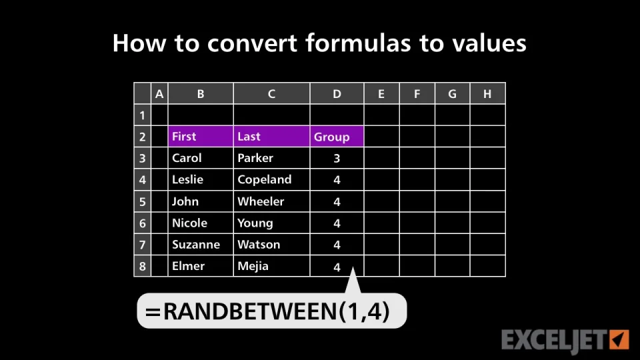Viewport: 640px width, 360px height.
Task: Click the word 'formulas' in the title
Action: pyautogui.click(x=358, y=43)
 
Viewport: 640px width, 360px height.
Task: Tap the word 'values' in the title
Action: pyautogui.click(x=489, y=43)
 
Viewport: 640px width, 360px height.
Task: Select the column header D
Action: pyautogui.click(x=337, y=94)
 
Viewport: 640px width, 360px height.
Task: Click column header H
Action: pyautogui.click(x=487, y=94)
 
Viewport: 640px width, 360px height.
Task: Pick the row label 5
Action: pyautogui.click(x=143, y=201)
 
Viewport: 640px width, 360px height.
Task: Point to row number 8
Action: pyautogui.click(x=143, y=267)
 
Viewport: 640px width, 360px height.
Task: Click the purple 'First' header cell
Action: pyautogui.click(x=201, y=136)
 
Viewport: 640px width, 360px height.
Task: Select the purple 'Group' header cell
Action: pyautogui.click(x=337, y=136)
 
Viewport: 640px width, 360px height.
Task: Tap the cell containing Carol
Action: pyautogui.click(x=201, y=158)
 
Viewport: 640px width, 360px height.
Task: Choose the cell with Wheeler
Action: pyautogui.click(x=271, y=201)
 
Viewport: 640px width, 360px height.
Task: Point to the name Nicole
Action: pyautogui.click(x=189, y=223)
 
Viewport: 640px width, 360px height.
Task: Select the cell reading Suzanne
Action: pyautogui.click(x=201, y=245)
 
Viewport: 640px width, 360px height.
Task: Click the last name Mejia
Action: pyautogui.click(x=253, y=266)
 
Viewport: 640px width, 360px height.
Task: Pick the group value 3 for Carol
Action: pyautogui.click(x=337, y=159)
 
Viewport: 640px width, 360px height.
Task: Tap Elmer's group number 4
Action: pyautogui.click(x=337, y=267)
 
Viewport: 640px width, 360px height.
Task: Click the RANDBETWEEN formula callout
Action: pyautogui.click(x=272, y=311)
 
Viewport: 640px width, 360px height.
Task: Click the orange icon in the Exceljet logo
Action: pyautogui.click(x=619, y=339)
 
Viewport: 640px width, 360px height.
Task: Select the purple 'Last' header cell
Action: pyautogui.click(x=271, y=136)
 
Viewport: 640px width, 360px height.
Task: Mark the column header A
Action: pyautogui.click(x=159, y=94)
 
